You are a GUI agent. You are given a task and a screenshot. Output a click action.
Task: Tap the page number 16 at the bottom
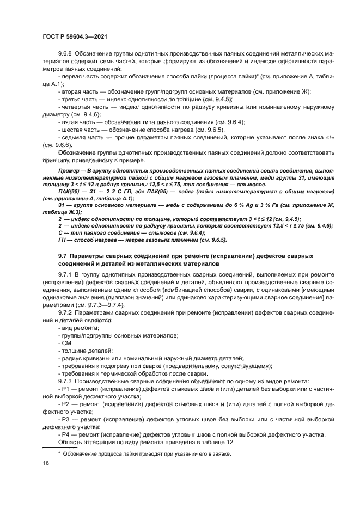45,462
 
